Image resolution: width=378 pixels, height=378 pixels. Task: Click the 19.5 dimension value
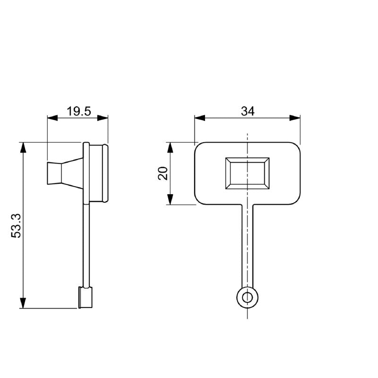(x=79, y=112)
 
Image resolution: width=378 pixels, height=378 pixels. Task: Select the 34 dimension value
(x=248, y=111)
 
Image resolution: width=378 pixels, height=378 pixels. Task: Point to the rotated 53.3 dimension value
(x=16, y=225)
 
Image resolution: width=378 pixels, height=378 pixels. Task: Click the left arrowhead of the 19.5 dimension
(x=52, y=118)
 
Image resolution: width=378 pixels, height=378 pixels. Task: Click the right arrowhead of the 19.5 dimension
(x=103, y=118)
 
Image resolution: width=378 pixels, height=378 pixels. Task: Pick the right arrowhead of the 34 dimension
(x=296, y=118)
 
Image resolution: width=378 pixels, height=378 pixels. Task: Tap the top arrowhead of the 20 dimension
(x=171, y=147)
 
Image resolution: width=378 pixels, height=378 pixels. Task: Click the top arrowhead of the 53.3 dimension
(x=23, y=147)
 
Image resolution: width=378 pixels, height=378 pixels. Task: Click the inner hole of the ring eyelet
(x=248, y=297)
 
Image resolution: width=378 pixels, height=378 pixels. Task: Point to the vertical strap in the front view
(x=248, y=246)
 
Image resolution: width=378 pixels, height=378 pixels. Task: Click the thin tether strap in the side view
(x=86, y=246)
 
